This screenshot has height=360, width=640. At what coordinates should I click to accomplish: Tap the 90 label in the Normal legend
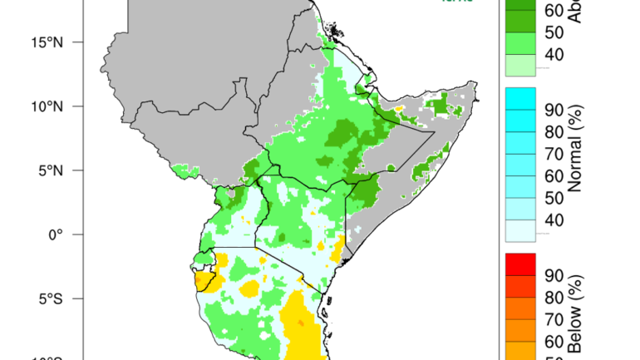pos(554,110)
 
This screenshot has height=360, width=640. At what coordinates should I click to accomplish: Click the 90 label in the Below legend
pos(554,275)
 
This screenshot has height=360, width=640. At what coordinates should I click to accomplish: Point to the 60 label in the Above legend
pos(554,11)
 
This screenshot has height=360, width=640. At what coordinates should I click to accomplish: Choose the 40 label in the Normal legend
pos(554,220)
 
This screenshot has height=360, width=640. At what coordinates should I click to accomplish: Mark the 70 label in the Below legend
pos(554,319)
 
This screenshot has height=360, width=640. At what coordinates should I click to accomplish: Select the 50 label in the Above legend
pos(554,33)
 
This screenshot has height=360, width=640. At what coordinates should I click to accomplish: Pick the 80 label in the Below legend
pos(554,297)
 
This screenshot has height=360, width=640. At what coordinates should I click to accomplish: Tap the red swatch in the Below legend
pos(520,264)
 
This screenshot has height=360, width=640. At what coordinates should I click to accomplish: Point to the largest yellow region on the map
pos(298,328)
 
